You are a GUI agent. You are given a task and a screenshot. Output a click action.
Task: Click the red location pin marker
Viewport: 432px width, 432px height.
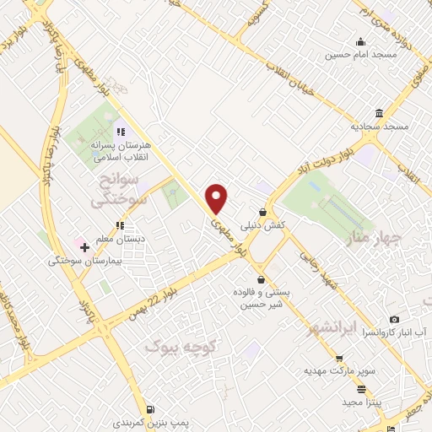[217, 198]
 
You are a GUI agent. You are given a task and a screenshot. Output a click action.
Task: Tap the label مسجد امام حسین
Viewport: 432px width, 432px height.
[362, 56]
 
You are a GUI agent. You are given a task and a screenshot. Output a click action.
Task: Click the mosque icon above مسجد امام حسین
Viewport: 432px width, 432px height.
[361, 42]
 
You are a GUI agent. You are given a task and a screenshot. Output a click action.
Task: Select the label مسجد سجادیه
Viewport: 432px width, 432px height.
[380, 126]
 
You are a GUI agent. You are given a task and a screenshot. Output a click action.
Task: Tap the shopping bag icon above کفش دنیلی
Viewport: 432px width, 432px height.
[263, 212]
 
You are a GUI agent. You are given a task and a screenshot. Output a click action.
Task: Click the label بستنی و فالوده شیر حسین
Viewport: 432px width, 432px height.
[261, 299]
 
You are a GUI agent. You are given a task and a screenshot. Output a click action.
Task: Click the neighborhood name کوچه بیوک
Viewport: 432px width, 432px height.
[181, 346]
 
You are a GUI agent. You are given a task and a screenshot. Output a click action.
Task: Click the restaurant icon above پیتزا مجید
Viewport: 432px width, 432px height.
[361, 389]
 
